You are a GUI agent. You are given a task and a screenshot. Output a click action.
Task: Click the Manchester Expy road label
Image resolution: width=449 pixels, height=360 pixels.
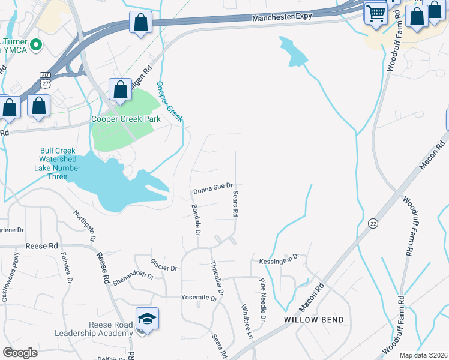[x=282, y=17]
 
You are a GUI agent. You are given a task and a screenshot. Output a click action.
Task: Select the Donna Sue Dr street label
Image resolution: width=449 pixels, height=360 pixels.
[x=212, y=190]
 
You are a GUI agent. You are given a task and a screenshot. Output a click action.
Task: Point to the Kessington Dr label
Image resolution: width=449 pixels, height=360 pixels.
[x=279, y=260]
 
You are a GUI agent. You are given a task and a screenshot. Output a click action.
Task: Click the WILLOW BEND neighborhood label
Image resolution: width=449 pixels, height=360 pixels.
[x=314, y=320]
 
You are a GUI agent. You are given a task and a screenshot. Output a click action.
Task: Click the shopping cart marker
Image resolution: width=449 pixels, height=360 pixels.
[x=376, y=12]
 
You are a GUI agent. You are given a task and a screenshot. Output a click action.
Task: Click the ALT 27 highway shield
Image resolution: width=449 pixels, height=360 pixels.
[x=45, y=79]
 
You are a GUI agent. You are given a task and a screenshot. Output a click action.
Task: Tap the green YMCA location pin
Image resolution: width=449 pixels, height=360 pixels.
[x=35, y=44]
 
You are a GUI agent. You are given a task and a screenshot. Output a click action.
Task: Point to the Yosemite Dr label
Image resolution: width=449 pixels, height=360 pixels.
[x=199, y=298]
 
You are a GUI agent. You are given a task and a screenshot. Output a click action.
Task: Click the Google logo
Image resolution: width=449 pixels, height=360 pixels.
[x=20, y=353]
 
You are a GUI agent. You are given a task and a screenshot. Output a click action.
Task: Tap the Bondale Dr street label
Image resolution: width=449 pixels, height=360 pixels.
[x=196, y=220]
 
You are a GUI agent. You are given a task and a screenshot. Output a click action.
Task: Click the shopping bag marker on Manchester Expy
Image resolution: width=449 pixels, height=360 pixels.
[x=140, y=24]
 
